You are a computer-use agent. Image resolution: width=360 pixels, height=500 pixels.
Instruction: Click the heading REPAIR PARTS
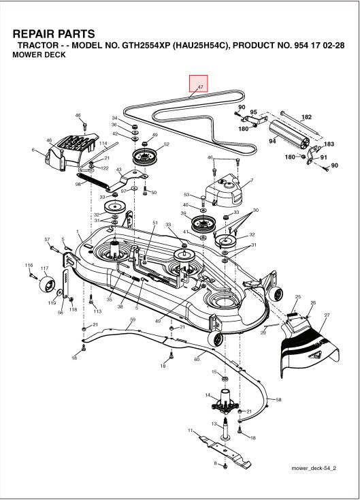pos(54,34)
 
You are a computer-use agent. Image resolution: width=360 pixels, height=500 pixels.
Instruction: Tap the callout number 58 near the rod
pos(279,399)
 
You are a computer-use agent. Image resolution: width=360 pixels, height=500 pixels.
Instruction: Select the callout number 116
pos(29,265)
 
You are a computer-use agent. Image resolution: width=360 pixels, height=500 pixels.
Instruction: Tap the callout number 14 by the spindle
pos(208,395)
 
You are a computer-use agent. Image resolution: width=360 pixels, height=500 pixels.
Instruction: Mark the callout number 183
pos(329,144)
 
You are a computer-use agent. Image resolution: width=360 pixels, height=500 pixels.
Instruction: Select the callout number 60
pos(197,358)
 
